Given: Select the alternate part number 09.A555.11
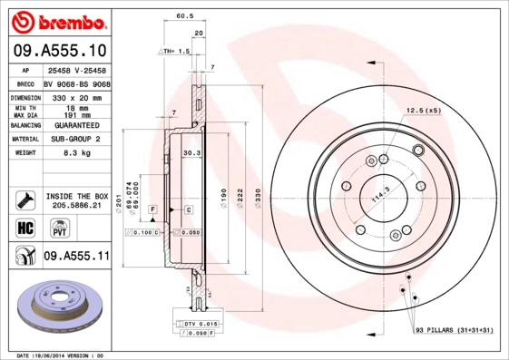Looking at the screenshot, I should point(76,258).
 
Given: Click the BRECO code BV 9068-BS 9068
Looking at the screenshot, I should point(78,83).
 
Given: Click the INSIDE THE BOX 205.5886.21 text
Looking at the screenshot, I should point(76,200).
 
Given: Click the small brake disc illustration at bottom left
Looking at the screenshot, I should point(62,306).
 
